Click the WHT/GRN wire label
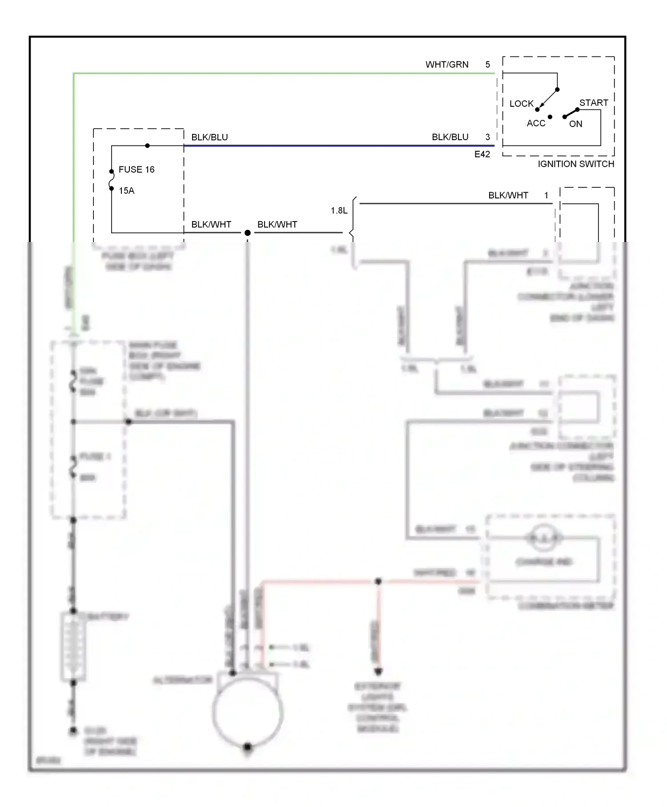coord(446,65)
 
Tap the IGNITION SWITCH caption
coord(575,164)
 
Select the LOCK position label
coord(521,104)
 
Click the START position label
coord(593,103)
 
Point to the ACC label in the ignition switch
coord(536,123)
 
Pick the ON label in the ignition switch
coord(575,124)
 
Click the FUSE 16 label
coord(137,169)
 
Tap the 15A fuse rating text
coord(126,191)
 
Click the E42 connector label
coord(482,154)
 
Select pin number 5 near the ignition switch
coord(487,65)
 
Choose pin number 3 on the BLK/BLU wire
coord(487,137)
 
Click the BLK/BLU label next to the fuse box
coord(209,137)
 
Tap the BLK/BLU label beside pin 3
coord(450,137)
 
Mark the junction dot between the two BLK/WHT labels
coord(248,233)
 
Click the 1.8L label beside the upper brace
coord(339,210)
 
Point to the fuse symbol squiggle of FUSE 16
coord(111,180)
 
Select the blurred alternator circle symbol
coord(248,712)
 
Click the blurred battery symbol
coord(73,647)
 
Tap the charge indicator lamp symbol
coord(543,538)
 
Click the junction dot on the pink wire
coord(378,581)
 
